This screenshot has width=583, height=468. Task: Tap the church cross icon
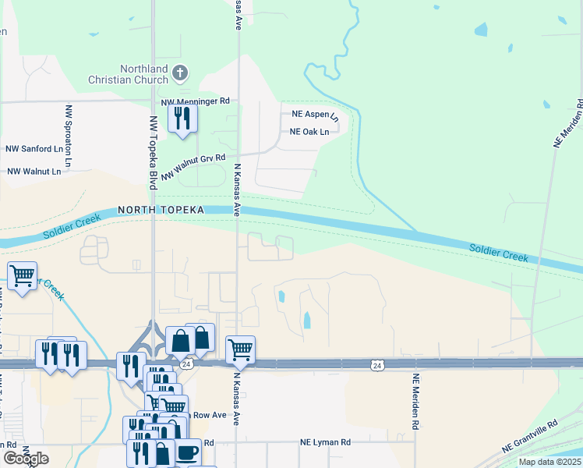[180, 74]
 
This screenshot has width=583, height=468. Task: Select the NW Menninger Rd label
[196, 101]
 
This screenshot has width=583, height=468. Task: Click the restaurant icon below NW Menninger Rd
[183, 119]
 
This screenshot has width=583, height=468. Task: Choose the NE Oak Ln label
[309, 132]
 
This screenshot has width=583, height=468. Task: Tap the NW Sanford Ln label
[34, 149]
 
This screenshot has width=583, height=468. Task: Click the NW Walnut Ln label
[34, 171]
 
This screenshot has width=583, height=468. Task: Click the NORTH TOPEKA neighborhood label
[161, 210]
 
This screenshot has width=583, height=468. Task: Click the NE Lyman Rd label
[325, 442]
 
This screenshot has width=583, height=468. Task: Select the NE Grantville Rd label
[531, 437]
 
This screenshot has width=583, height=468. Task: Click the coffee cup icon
[186, 452]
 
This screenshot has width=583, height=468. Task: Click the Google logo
[26, 459]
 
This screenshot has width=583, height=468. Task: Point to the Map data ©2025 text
[549, 462]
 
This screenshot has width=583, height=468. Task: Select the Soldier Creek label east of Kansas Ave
[499, 253]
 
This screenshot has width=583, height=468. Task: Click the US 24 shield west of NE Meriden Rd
[377, 364]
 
